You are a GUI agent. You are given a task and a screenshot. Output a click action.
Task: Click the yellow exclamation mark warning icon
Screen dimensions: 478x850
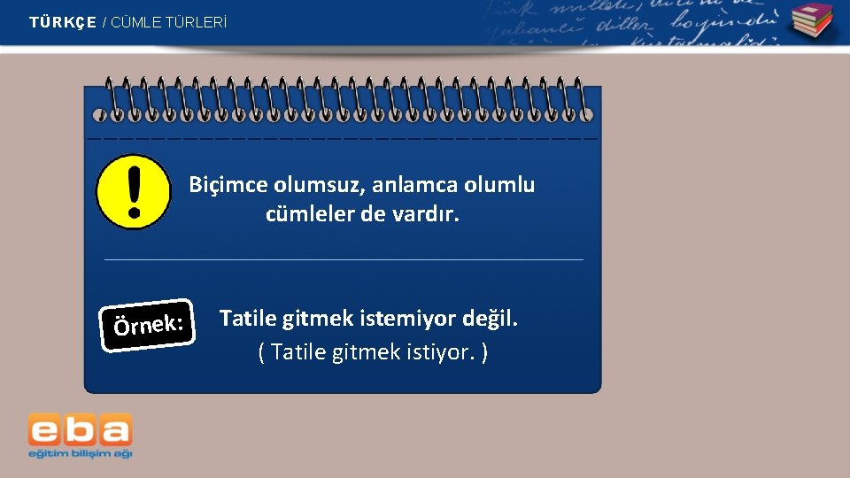[134, 192]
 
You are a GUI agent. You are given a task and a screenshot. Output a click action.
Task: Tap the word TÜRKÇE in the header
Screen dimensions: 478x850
[62, 22]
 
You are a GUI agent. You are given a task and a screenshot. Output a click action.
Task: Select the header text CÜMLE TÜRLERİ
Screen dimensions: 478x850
[169, 22]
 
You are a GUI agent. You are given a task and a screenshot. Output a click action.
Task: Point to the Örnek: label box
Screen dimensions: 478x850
[148, 325]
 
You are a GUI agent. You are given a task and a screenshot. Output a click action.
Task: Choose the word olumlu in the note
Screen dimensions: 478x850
[501, 185]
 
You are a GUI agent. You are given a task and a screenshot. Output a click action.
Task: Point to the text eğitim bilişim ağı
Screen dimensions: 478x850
[80, 453]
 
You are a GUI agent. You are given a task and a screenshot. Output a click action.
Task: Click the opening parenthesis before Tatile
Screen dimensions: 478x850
[261, 352]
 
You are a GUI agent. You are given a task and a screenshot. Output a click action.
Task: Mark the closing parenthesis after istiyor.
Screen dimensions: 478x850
[484, 352]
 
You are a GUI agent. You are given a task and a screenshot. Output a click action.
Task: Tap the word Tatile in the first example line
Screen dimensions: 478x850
[248, 318]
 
